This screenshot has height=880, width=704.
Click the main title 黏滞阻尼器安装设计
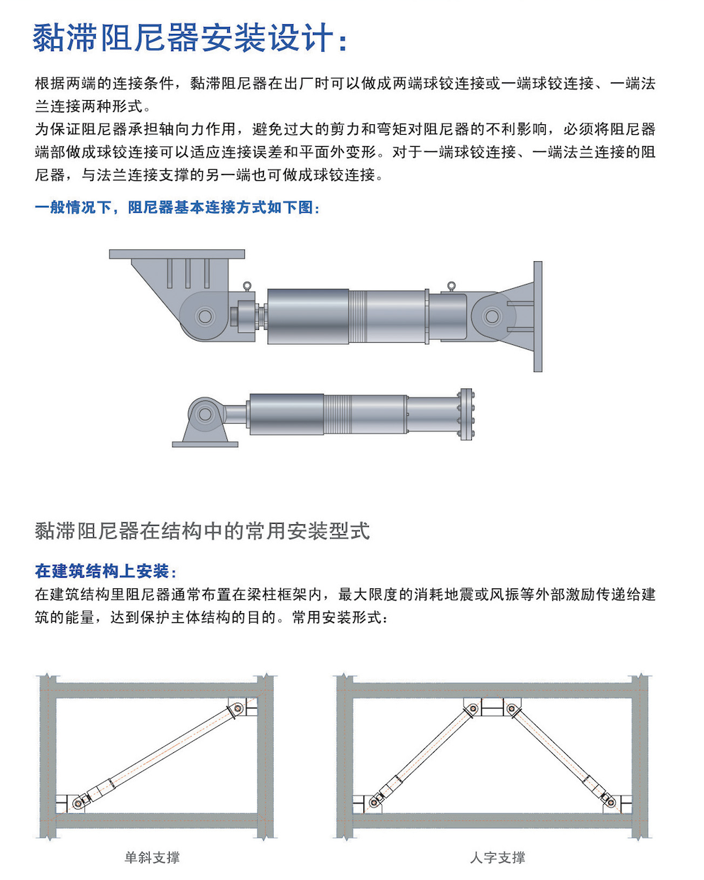[190, 38]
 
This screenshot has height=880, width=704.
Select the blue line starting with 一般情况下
[177, 208]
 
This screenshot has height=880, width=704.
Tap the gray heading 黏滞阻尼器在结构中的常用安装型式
[202, 531]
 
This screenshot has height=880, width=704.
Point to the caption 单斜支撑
[152, 857]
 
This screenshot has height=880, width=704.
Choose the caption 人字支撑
[497, 857]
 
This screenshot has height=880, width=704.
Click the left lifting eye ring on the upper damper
[247, 286]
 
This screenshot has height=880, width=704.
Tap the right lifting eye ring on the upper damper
[450, 287]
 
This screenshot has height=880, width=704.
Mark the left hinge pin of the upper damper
[205, 316]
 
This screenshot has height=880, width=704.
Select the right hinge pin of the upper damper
[491, 316]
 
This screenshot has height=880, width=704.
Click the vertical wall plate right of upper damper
[538, 317]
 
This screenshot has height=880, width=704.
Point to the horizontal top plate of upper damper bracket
[177, 254]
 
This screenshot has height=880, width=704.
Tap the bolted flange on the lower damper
[466, 414]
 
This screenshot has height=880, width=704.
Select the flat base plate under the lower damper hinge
[205, 444]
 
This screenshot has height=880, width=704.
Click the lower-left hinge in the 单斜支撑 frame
[78, 802]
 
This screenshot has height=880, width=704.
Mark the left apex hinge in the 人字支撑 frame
[472, 708]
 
